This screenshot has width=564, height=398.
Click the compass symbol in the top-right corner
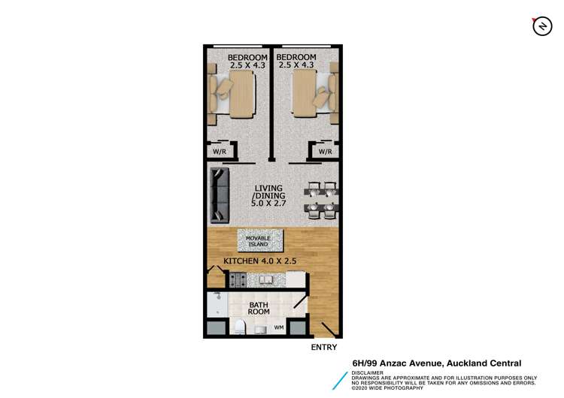[x=540, y=26]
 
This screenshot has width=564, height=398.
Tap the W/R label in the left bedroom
[x=220, y=151]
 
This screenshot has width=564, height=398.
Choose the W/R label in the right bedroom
[x=325, y=151]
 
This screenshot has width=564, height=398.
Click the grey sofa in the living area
[x=219, y=195]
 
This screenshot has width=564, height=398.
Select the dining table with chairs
[x=321, y=198]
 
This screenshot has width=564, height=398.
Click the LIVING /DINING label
[x=268, y=195]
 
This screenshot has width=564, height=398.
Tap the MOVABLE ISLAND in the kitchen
[x=260, y=240]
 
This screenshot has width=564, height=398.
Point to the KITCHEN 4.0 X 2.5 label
[x=260, y=261]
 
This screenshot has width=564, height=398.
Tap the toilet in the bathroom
[x=240, y=326]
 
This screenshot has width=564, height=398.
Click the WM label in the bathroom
[x=278, y=327]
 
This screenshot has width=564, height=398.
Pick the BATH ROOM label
[x=259, y=307]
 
